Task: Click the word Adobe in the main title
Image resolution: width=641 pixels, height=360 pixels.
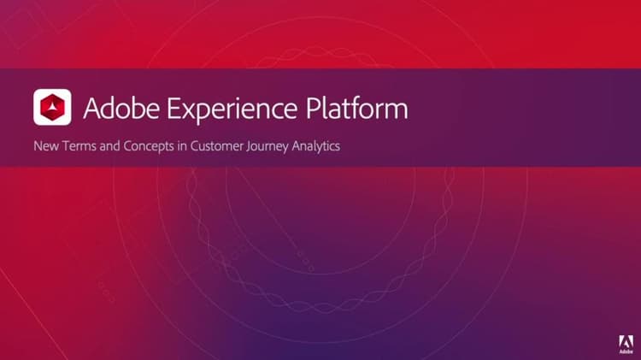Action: pos(115,109)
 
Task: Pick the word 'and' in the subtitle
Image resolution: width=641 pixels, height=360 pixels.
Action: pos(108,146)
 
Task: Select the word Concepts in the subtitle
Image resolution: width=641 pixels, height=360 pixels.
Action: pos(146,146)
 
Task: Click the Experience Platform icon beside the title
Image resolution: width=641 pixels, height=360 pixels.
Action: pos(52,109)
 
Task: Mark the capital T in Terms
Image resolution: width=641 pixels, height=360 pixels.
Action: pos(63,146)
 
